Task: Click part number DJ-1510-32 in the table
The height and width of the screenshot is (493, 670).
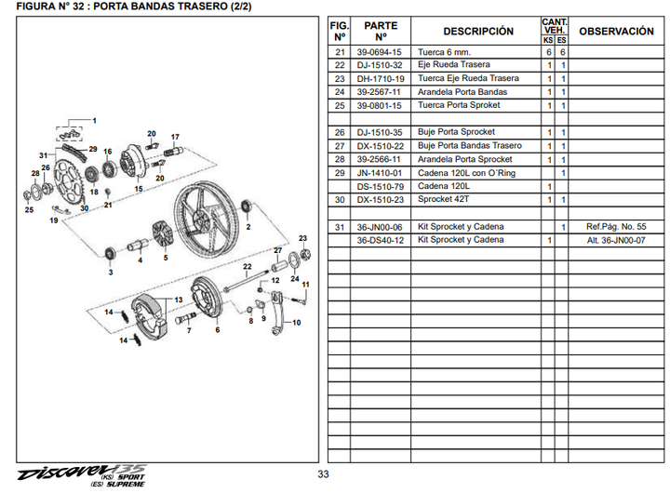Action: click(x=380, y=65)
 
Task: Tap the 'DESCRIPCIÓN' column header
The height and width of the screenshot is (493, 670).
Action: click(x=477, y=31)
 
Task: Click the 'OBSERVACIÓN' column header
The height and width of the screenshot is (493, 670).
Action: click(x=616, y=31)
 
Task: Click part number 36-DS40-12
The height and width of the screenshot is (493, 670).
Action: click(x=380, y=240)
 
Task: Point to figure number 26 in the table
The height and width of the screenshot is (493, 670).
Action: click(x=339, y=133)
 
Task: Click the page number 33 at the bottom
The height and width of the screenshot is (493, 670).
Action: click(x=323, y=474)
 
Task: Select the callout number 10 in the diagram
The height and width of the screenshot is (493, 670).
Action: click(x=297, y=323)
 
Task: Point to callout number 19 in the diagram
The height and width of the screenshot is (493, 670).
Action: click(x=54, y=220)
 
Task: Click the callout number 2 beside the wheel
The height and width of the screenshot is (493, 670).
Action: click(x=248, y=226)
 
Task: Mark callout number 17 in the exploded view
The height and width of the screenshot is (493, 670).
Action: click(x=174, y=137)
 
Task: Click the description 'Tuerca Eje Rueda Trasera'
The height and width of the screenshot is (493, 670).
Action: click(x=468, y=79)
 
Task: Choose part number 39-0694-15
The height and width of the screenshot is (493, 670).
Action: click(x=380, y=52)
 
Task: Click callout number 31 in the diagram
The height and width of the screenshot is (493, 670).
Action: click(x=43, y=154)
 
